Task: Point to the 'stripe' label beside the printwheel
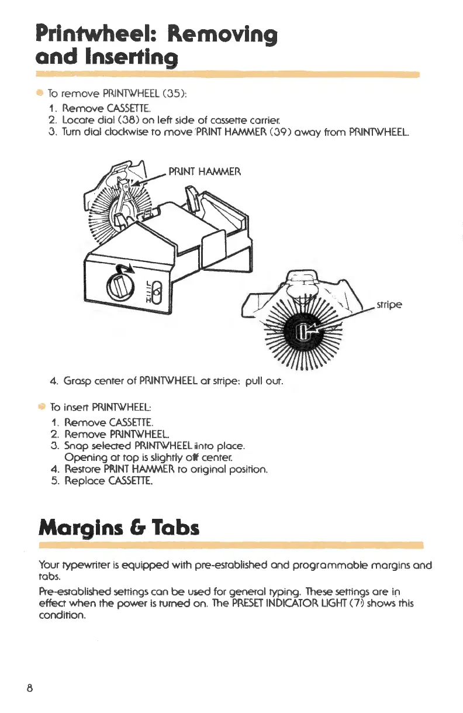pyautogui.click(x=388, y=305)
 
